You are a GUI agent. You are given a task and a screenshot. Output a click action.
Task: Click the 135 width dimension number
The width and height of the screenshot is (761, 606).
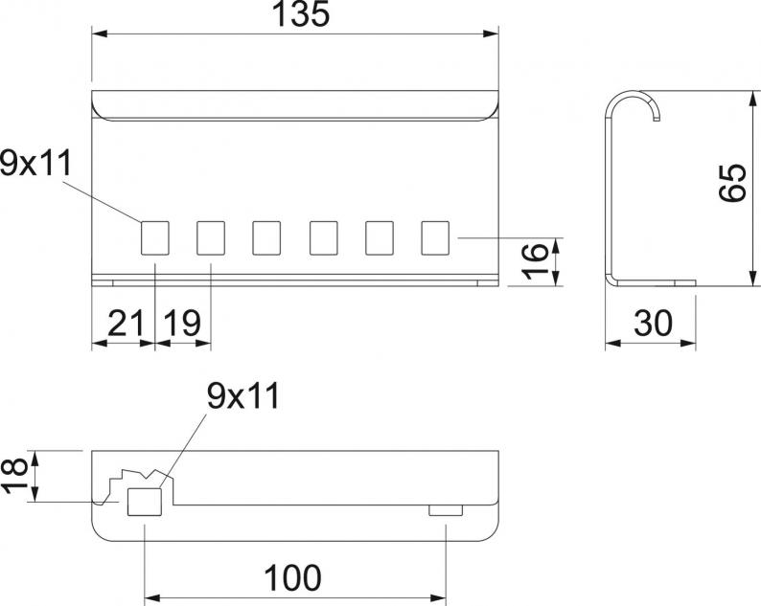click(301, 14)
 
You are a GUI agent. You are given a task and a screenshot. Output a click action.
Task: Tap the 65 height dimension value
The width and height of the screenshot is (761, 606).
click(732, 183)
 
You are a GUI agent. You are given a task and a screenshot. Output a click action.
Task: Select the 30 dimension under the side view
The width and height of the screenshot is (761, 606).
click(654, 323)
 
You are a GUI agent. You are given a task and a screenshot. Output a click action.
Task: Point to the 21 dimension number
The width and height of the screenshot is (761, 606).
click(126, 323)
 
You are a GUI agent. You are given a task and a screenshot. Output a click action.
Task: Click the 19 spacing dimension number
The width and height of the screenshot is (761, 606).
click(181, 323)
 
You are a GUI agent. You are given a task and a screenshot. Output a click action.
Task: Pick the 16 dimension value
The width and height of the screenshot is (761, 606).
click(535, 261)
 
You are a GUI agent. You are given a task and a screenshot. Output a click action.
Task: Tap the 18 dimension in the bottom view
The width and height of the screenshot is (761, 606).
click(14, 477)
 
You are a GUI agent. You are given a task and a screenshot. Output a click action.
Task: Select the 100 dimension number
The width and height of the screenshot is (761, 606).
click(292, 578)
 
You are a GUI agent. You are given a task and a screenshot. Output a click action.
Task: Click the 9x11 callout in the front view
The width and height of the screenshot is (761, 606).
click(35, 163)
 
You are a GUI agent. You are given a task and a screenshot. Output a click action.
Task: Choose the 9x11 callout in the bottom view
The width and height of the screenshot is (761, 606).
click(243, 396)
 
